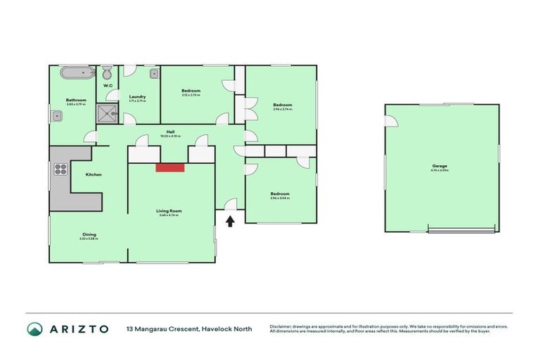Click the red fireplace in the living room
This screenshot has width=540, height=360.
pos(169,167)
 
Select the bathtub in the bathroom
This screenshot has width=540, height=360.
pos(75,73)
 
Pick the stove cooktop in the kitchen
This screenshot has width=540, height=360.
pos(60,169)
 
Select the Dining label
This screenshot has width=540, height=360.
pos(89,234)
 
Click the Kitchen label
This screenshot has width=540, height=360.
pos(94,174)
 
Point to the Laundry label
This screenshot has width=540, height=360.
pos(137,97)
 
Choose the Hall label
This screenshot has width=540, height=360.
pos(170,131)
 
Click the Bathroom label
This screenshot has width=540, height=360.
pos(75,101)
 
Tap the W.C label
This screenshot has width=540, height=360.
pos(108,86)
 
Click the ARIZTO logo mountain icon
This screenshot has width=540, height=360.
pos(34,328)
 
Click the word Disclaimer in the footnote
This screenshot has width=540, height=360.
pos(283,326)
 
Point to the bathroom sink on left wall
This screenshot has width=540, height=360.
pos(54,117)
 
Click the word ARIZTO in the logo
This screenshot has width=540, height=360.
pos(79,328)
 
